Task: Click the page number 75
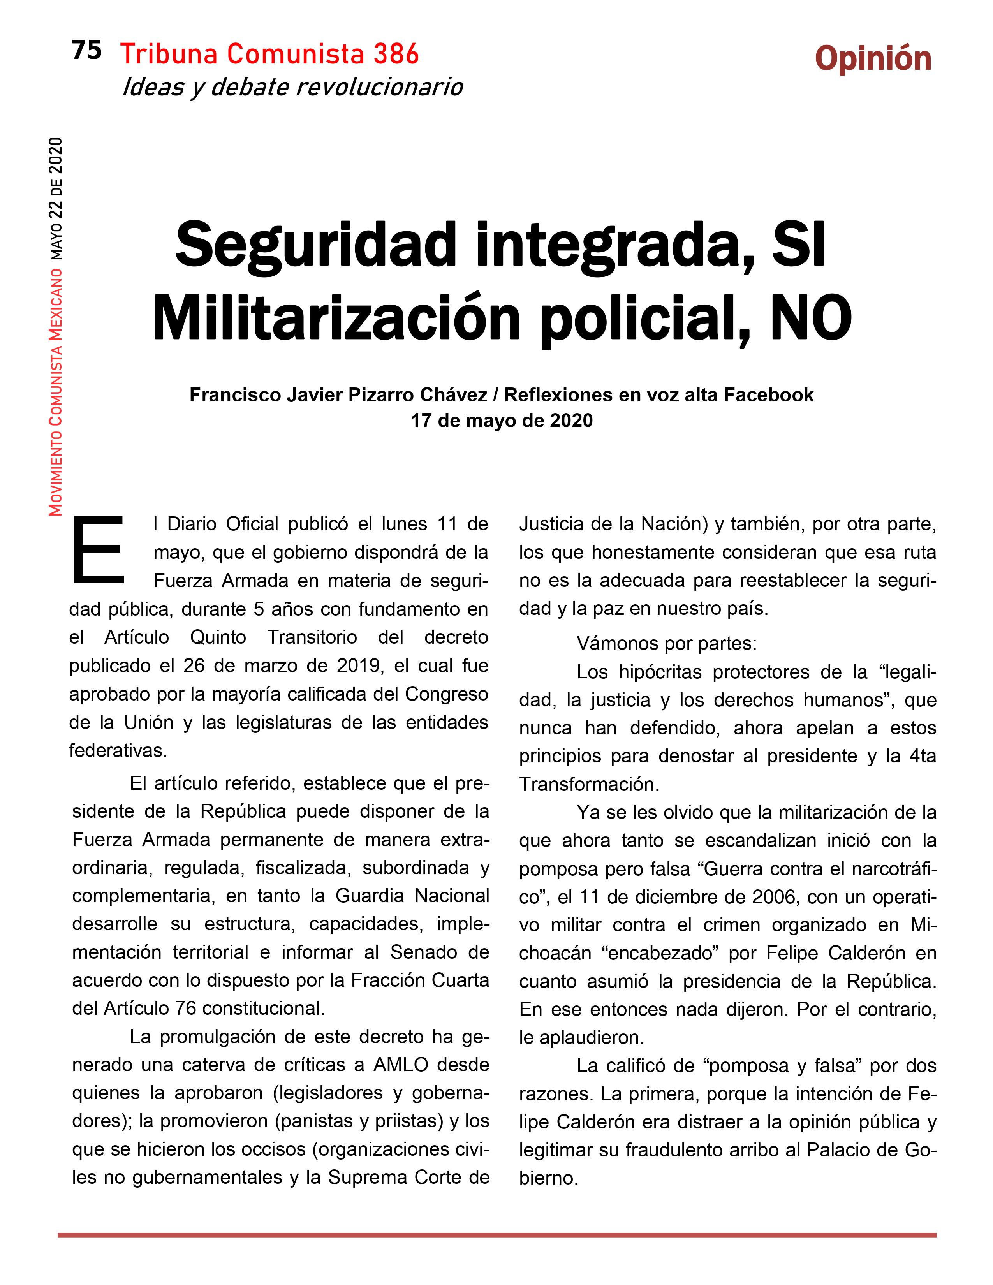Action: coord(86,51)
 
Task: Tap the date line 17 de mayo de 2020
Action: coord(501,421)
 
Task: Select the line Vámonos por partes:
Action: coord(666,644)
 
